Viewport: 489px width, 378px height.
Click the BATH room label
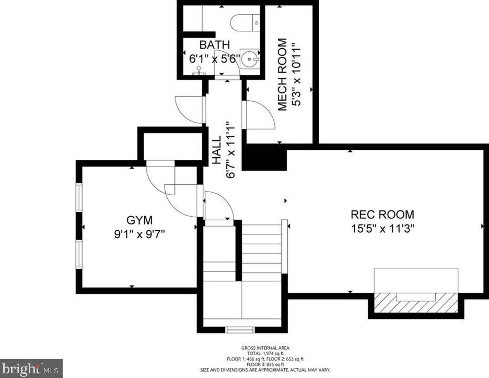pyautogui.click(x=214, y=45)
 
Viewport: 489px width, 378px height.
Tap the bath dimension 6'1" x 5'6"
pyautogui.click(x=214, y=59)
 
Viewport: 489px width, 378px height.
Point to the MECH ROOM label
pyautogui.click(x=283, y=75)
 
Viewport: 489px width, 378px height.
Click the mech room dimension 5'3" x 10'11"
pyautogui.click(x=297, y=75)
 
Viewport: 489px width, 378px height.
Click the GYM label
pyautogui.click(x=139, y=219)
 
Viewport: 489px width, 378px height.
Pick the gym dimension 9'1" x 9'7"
pyautogui.click(x=139, y=234)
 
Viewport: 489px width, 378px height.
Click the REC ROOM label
pyautogui.click(x=382, y=214)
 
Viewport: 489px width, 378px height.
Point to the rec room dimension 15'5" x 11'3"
pyautogui.click(x=382, y=228)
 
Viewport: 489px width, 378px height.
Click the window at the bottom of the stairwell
pyautogui.click(x=241, y=329)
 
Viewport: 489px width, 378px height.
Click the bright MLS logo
pyautogui.click(x=31, y=369)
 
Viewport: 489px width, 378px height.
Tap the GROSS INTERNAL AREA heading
pyautogui.click(x=265, y=348)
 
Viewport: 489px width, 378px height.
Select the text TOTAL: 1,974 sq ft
pyautogui.click(x=265, y=353)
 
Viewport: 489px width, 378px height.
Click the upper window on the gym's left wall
pyautogui.click(x=78, y=198)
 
